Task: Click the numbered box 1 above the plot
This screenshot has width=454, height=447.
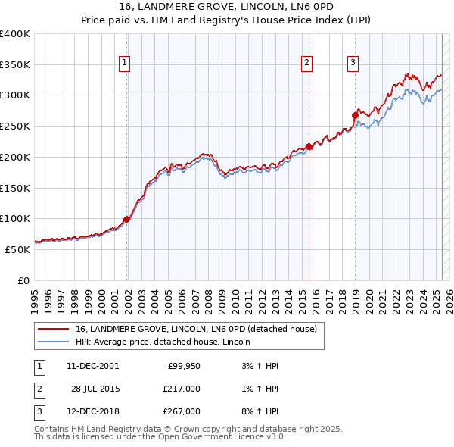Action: tap(123, 64)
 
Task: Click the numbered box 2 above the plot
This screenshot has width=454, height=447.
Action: tap(306, 64)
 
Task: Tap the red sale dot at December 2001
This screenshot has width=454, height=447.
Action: tap(126, 220)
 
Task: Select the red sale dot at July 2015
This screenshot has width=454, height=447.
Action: tap(309, 147)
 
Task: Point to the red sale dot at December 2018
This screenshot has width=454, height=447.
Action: tap(355, 116)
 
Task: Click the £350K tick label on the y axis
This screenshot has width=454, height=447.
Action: tap(15, 65)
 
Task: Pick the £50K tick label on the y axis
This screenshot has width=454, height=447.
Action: tap(18, 249)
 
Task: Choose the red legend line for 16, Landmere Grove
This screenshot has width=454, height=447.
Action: tap(53, 330)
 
